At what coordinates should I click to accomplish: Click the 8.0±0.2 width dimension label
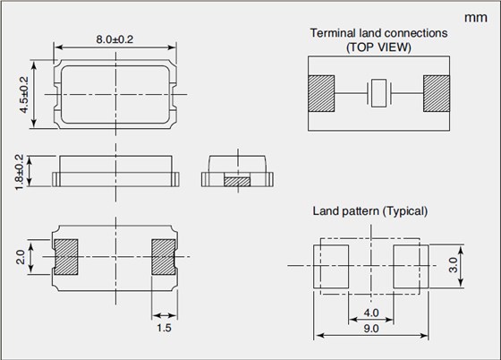click(x=115, y=39)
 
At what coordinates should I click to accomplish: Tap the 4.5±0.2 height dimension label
click(x=24, y=95)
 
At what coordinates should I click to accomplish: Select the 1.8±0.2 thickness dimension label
click(x=19, y=172)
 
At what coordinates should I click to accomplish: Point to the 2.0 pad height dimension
click(x=21, y=257)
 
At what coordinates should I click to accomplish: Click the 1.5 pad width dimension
click(x=164, y=328)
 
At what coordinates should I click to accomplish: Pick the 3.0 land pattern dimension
click(x=453, y=265)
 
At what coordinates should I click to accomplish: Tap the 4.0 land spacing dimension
click(x=371, y=313)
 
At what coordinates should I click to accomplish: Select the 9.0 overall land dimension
click(x=371, y=329)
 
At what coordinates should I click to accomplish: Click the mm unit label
click(x=476, y=18)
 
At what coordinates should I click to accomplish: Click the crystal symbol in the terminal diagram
click(x=379, y=93)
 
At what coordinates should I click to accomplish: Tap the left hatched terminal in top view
click(x=321, y=93)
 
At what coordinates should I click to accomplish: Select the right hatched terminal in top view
click(x=437, y=93)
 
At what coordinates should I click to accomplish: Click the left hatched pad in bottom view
click(x=66, y=257)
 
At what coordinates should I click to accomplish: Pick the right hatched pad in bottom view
click(x=164, y=257)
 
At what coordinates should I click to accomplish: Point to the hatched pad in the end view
click(x=237, y=182)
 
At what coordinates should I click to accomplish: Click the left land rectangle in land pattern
click(x=331, y=267)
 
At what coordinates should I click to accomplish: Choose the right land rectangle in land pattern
click(x=411, y=267)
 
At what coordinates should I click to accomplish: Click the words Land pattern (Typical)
click(x=370, y=211)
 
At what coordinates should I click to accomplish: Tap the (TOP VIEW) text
click(x=378, y=47)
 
